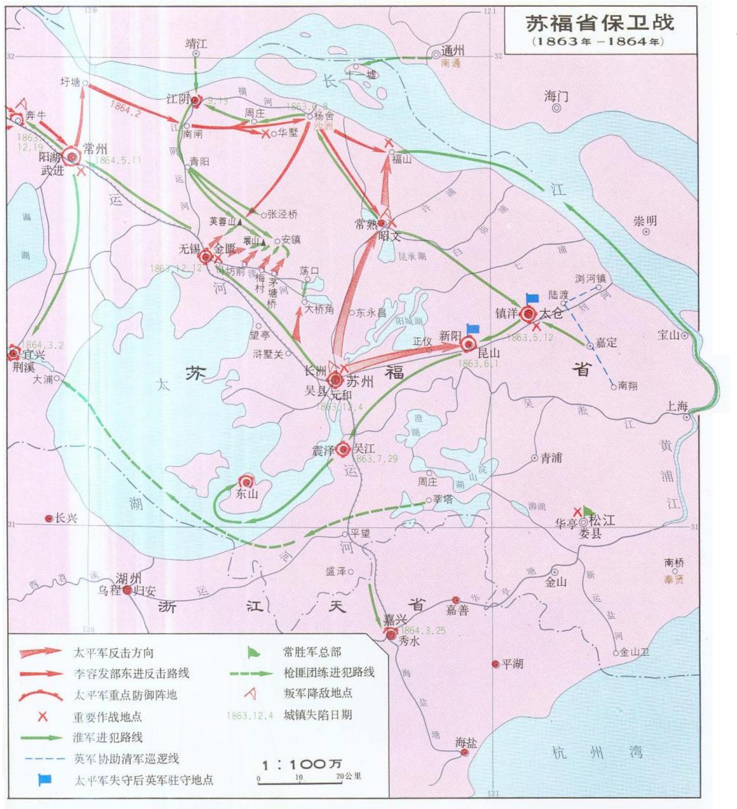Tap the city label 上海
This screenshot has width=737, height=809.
(x=677, y=406)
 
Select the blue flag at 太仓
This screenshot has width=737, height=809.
(x=532, y=298)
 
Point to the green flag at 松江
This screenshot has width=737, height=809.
(x=589, y=510)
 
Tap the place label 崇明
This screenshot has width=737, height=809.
(x=645, y=221)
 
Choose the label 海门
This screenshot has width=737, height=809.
(x=556, y=96)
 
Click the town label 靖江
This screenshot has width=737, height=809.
(x=195, y=43)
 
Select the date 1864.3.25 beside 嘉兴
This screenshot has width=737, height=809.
(x=423, y=630)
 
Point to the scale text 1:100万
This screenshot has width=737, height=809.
(x=301, y=764)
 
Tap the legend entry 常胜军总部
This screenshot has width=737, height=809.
(x=312, y=652)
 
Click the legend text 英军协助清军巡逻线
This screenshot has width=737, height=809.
(x=126, y=758)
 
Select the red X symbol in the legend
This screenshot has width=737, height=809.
(x=43, y=716)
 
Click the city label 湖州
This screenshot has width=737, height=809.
(x=128, y=578)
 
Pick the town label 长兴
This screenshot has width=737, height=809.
(x=66, y=518)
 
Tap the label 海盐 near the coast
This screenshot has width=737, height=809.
(x=465, y=743)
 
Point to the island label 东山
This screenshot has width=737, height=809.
(x=247, y=494)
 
